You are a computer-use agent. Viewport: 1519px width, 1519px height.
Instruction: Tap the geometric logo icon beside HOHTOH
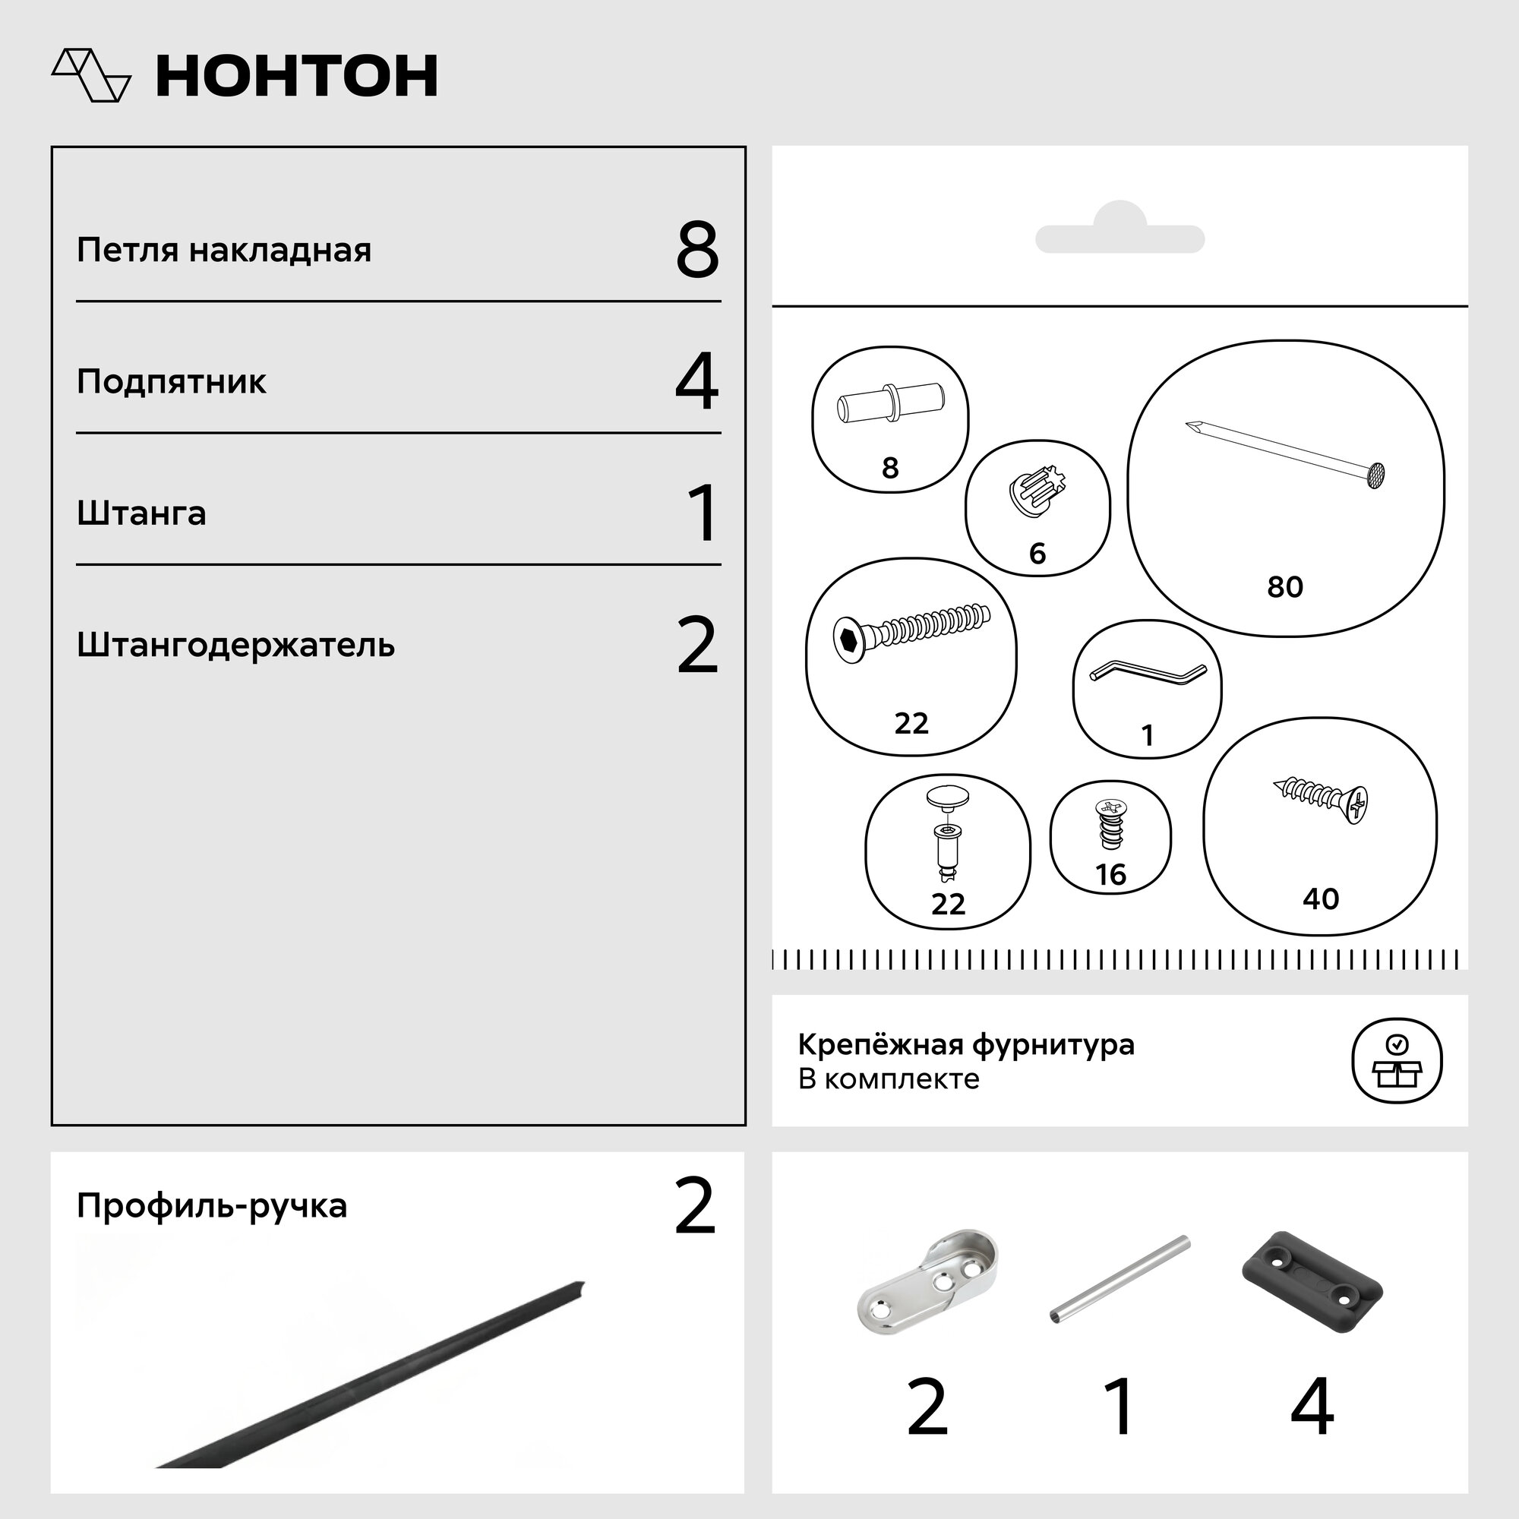[x=91, y=75]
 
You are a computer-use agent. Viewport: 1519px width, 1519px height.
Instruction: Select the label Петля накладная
[x=224, y=250]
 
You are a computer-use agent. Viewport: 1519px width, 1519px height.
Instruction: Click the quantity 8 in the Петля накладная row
[x=696, y=250]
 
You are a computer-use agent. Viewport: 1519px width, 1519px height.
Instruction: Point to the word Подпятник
[x=172, y=382]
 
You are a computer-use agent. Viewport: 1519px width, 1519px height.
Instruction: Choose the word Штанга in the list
[x=141, y=513]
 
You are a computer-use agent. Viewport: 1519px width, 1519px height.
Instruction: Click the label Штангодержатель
[x=235, y=646]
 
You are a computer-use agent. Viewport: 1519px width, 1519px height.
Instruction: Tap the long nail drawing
[x=1286, y=453]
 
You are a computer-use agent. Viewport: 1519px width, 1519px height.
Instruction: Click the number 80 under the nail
[x=1285, y=586]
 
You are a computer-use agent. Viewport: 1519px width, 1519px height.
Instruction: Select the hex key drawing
[x=1148, y=673]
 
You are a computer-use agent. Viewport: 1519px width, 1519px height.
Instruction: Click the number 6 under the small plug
[x=1037, y=554]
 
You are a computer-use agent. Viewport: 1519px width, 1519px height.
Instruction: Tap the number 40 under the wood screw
[x=1320, y=898]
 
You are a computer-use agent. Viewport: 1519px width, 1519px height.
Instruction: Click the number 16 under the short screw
[x=1110, y=874]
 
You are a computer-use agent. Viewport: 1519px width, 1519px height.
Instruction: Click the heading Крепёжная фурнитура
[x=966, y=1045]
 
